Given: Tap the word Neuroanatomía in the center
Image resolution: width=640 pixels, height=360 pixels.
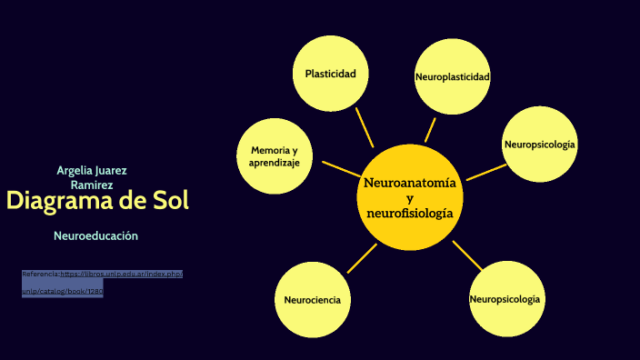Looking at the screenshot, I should (409, 183).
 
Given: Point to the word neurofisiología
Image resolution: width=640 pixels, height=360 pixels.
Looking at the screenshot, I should (409, 213).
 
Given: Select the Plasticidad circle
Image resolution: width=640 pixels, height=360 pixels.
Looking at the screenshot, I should (330, 74).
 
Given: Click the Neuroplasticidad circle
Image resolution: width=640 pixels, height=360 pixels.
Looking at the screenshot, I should (452, 77).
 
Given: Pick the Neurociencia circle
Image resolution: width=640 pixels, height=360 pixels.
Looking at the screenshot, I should (312, 299).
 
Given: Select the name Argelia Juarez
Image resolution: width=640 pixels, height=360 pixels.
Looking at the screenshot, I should (91, 170).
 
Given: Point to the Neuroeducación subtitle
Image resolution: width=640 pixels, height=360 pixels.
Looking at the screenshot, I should (95, 235).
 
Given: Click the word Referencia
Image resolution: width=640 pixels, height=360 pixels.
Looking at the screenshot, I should (40, 273).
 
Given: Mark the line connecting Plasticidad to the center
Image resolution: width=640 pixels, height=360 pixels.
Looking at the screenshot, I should (364, 128).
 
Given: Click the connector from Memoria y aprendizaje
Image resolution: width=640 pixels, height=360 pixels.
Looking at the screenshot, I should (341, 169).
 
